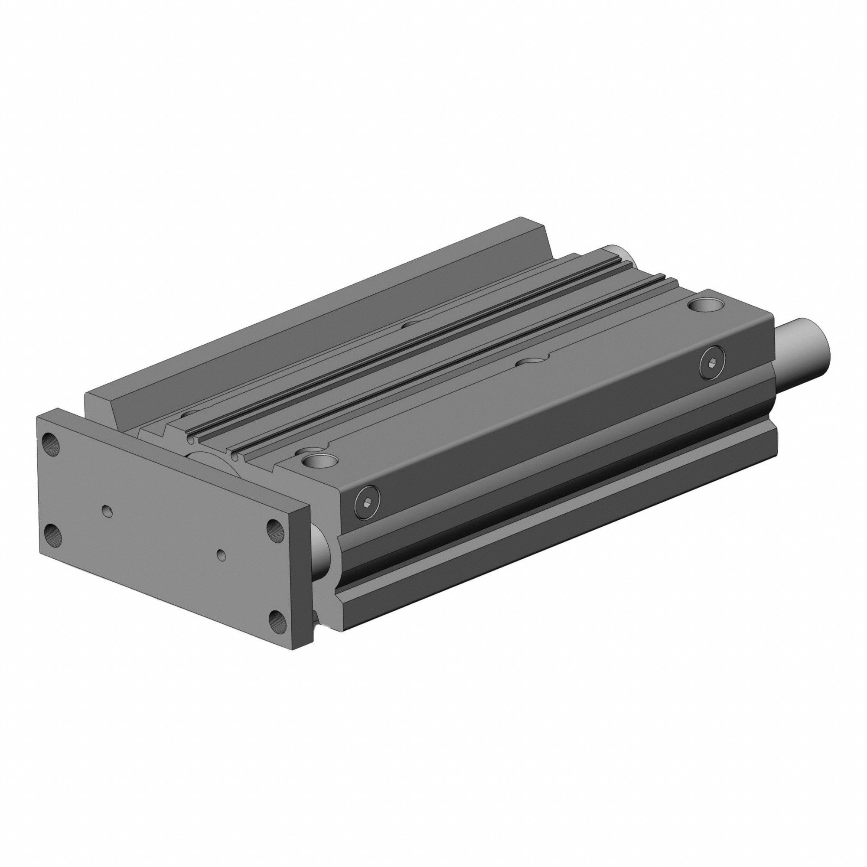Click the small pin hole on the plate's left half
coord(107,510)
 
